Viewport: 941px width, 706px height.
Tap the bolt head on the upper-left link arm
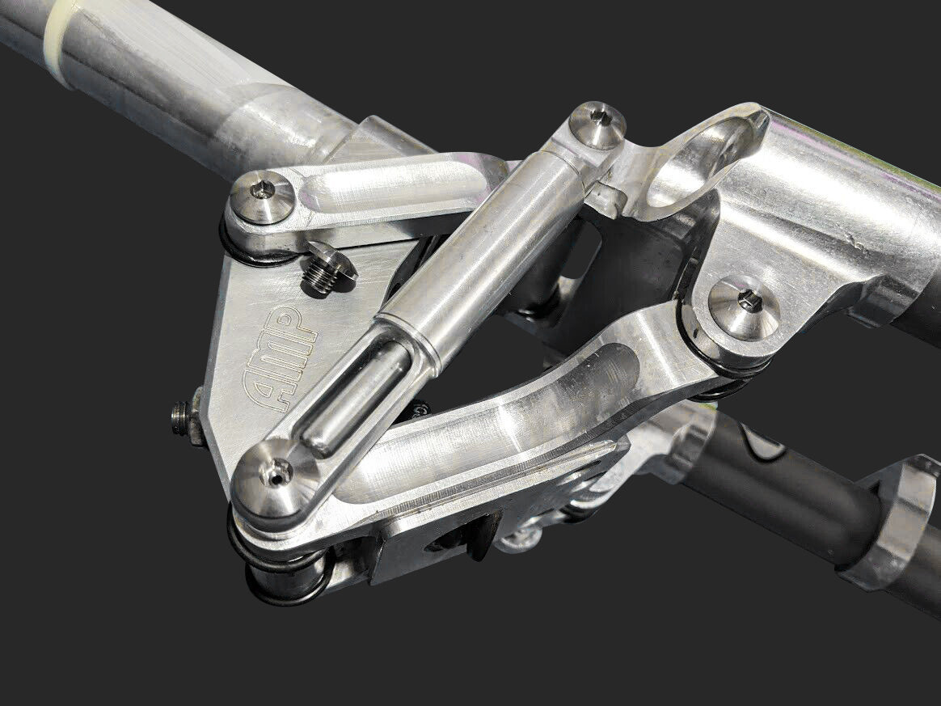pos(263,196)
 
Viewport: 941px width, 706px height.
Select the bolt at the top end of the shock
pos(597,124)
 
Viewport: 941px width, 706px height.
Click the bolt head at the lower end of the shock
pos(276,476)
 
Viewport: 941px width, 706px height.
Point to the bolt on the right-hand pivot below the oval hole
pos(744,307)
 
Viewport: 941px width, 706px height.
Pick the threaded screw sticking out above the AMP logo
pos(327,270)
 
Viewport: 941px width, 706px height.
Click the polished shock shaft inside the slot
pos(356,396)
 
